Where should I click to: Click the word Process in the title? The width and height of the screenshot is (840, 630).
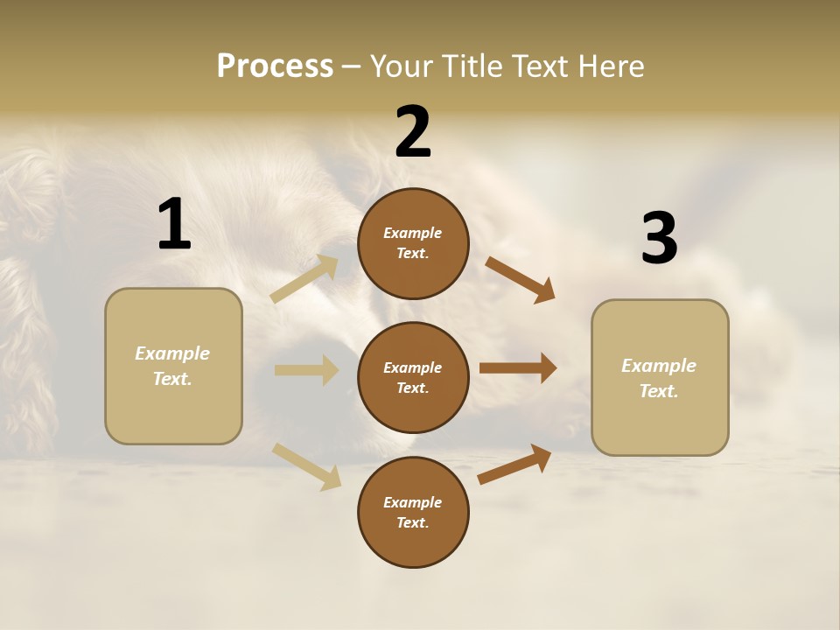coord(275,66)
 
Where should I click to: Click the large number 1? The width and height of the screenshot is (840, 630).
coord(174,225)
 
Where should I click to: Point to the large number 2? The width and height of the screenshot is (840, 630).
coord(413,132)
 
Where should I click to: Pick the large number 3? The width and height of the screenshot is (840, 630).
coord(659,239)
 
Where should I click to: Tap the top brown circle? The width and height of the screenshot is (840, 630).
coord(413,243)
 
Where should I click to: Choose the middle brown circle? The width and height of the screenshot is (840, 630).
coord(413,377)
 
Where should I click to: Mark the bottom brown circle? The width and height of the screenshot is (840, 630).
coord(413,512)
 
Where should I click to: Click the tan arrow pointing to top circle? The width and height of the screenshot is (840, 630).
coord(304,279)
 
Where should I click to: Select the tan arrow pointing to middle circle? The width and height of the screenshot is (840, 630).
coord(306,370)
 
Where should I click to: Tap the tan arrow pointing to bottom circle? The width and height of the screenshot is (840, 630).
coord(306,465)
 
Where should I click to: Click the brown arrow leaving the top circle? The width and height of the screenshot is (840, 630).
coord(520,279)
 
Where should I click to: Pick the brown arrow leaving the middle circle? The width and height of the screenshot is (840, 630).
coord(518,368)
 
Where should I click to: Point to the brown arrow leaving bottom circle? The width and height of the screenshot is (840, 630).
coord(514,465)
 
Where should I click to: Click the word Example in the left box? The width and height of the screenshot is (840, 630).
coord(172,353)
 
